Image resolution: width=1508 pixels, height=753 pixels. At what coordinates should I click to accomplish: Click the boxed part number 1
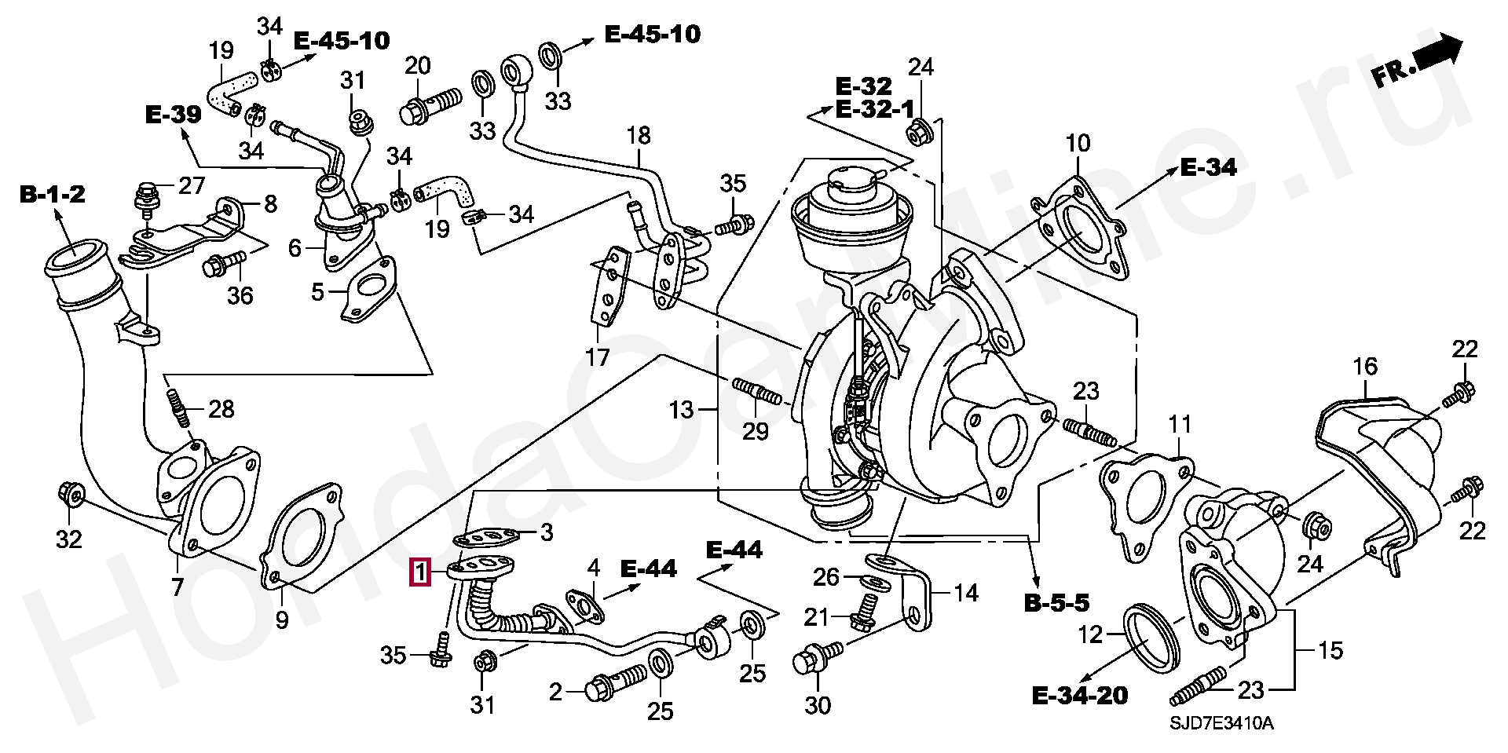pyautogui.click(x=420, y=572)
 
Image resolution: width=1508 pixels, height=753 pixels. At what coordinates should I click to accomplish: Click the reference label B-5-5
pyautogui.click(x=1056, y=603)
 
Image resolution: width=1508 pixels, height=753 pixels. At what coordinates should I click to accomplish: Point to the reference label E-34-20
pyautogui.click(x=1079, y=696)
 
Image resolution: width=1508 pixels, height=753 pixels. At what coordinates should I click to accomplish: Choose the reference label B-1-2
pyautogui.click(x=52, y=194)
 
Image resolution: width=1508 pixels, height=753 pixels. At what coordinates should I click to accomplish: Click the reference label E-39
pyautogui.click(x=174, y=115)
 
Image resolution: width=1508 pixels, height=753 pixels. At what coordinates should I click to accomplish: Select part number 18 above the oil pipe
pyautogui.click(x=639, y=136)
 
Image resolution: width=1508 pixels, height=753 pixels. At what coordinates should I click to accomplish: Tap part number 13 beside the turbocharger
pyautogui.click(x=681, y=409)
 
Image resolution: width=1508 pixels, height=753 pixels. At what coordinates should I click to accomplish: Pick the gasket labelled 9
pyautogui.click(x=301, y=537)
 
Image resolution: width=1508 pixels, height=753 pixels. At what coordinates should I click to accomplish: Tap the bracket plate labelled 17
pyautogui.click(x=609, y=287)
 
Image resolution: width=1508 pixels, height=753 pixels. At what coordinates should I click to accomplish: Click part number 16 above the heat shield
pyautogui.click(x=1365, y=367)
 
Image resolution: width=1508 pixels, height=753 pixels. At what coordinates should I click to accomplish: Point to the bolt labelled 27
pyautogui.click(x=146, y=196)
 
